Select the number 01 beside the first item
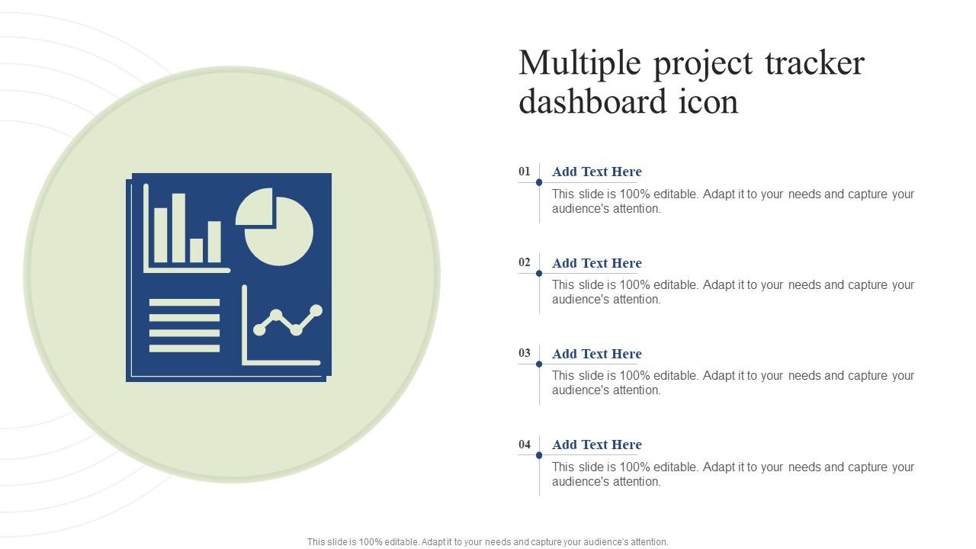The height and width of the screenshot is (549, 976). [525, 172]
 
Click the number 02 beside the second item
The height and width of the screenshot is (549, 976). [525, 262]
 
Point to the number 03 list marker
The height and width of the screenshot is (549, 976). [525, 353]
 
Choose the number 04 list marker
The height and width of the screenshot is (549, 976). [525, 444]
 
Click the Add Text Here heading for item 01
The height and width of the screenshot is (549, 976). [596, 172]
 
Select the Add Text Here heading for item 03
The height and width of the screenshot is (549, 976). [596, 354]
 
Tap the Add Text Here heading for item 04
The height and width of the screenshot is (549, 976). [596, 445]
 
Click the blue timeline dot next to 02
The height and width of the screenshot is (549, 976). [539, 273]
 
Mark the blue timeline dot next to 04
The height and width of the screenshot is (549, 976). [539, 455]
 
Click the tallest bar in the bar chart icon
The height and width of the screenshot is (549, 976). [178, 228]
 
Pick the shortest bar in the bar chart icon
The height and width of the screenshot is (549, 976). [197, 250]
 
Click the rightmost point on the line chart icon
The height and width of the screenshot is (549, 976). [316, 310]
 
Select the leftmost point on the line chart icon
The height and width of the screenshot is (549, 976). [259, 330]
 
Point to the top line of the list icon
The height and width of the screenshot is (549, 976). [185, 303]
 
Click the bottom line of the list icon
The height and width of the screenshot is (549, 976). [185, 348]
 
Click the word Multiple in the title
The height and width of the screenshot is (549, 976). [579, 63]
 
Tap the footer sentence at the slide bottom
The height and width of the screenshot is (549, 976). [488, 542]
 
